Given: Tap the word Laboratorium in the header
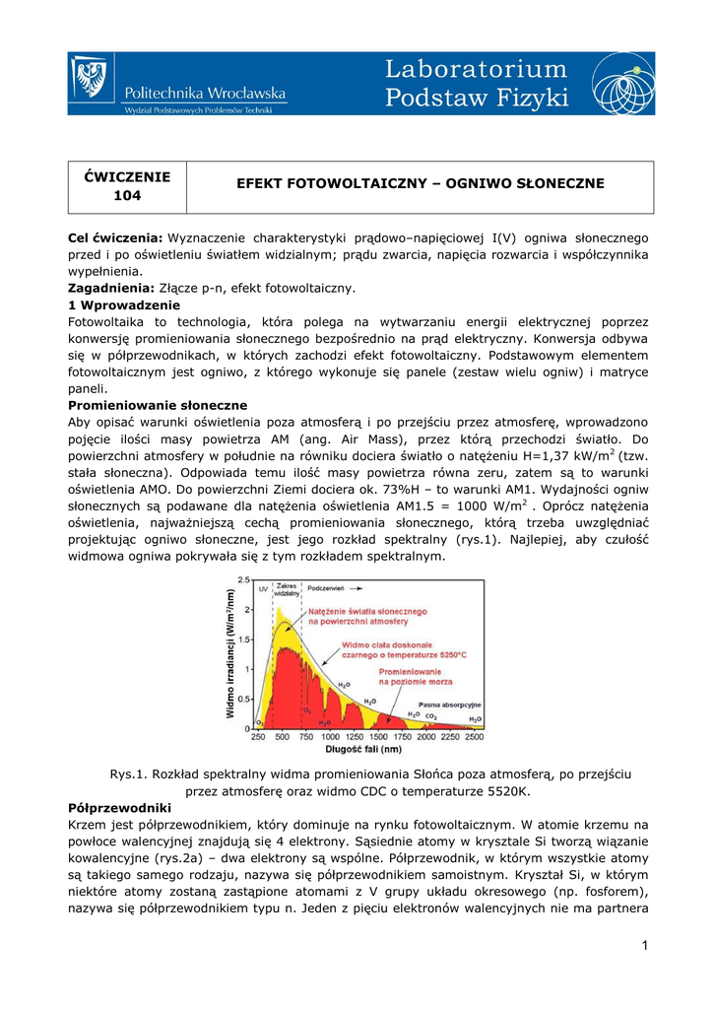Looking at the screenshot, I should point(477,70).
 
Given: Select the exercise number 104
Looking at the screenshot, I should point(127,196).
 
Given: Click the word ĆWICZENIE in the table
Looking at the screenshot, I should point(127,176).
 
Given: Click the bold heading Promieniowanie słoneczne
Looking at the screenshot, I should point(158,405).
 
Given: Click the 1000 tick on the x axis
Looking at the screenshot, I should point(330,737).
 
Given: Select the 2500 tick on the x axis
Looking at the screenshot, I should point(474,737).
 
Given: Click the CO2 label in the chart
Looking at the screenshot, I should point(430,716).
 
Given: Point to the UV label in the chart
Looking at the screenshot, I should point(263,588).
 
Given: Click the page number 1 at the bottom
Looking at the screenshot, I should point(644,948).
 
